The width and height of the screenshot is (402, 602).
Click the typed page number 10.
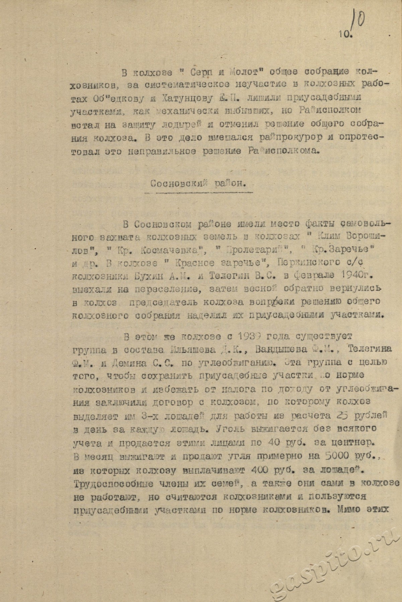(x=342, y=33)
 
